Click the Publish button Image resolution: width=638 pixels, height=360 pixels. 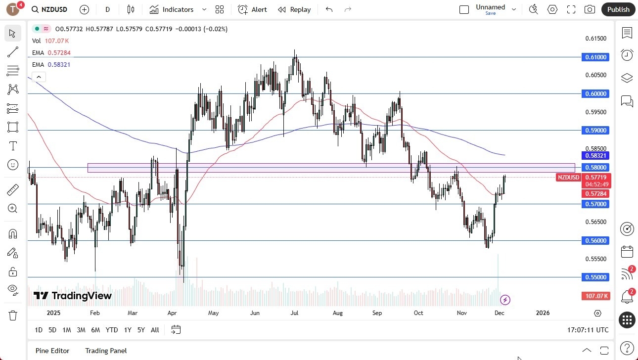618,9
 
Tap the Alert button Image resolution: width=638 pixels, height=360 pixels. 252,9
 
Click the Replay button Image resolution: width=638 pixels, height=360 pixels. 294,9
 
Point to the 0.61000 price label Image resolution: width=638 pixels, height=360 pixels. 597,57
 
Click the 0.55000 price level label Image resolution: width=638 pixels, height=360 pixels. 597,277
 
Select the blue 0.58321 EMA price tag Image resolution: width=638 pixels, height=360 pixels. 597,155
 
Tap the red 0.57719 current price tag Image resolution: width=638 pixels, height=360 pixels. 597,177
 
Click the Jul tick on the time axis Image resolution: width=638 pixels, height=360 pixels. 294,313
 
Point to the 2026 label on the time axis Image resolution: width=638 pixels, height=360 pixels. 543,313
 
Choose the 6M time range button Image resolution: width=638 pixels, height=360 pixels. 95,330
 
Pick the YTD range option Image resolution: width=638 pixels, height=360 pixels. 112,330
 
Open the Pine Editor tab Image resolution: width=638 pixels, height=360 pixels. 52,351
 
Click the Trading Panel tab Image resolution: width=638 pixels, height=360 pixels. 106,351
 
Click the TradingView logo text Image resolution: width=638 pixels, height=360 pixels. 73,296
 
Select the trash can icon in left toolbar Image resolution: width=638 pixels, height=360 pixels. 13,315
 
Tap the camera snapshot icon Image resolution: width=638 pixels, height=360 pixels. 590,9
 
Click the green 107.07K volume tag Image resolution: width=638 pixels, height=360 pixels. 596,296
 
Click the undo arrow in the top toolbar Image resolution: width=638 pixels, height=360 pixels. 329,9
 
